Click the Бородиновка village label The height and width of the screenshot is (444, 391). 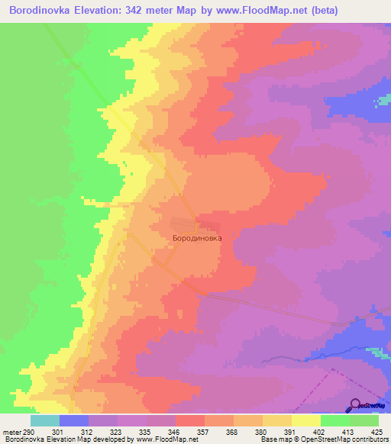click(x=197, y=238)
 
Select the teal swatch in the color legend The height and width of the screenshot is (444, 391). click(x=44, y=420)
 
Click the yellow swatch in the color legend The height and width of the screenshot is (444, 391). click(x=305, y=420)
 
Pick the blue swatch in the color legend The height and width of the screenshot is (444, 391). click(x=73, y=420)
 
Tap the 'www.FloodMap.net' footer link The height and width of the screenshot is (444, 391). click(x=164, y=439)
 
